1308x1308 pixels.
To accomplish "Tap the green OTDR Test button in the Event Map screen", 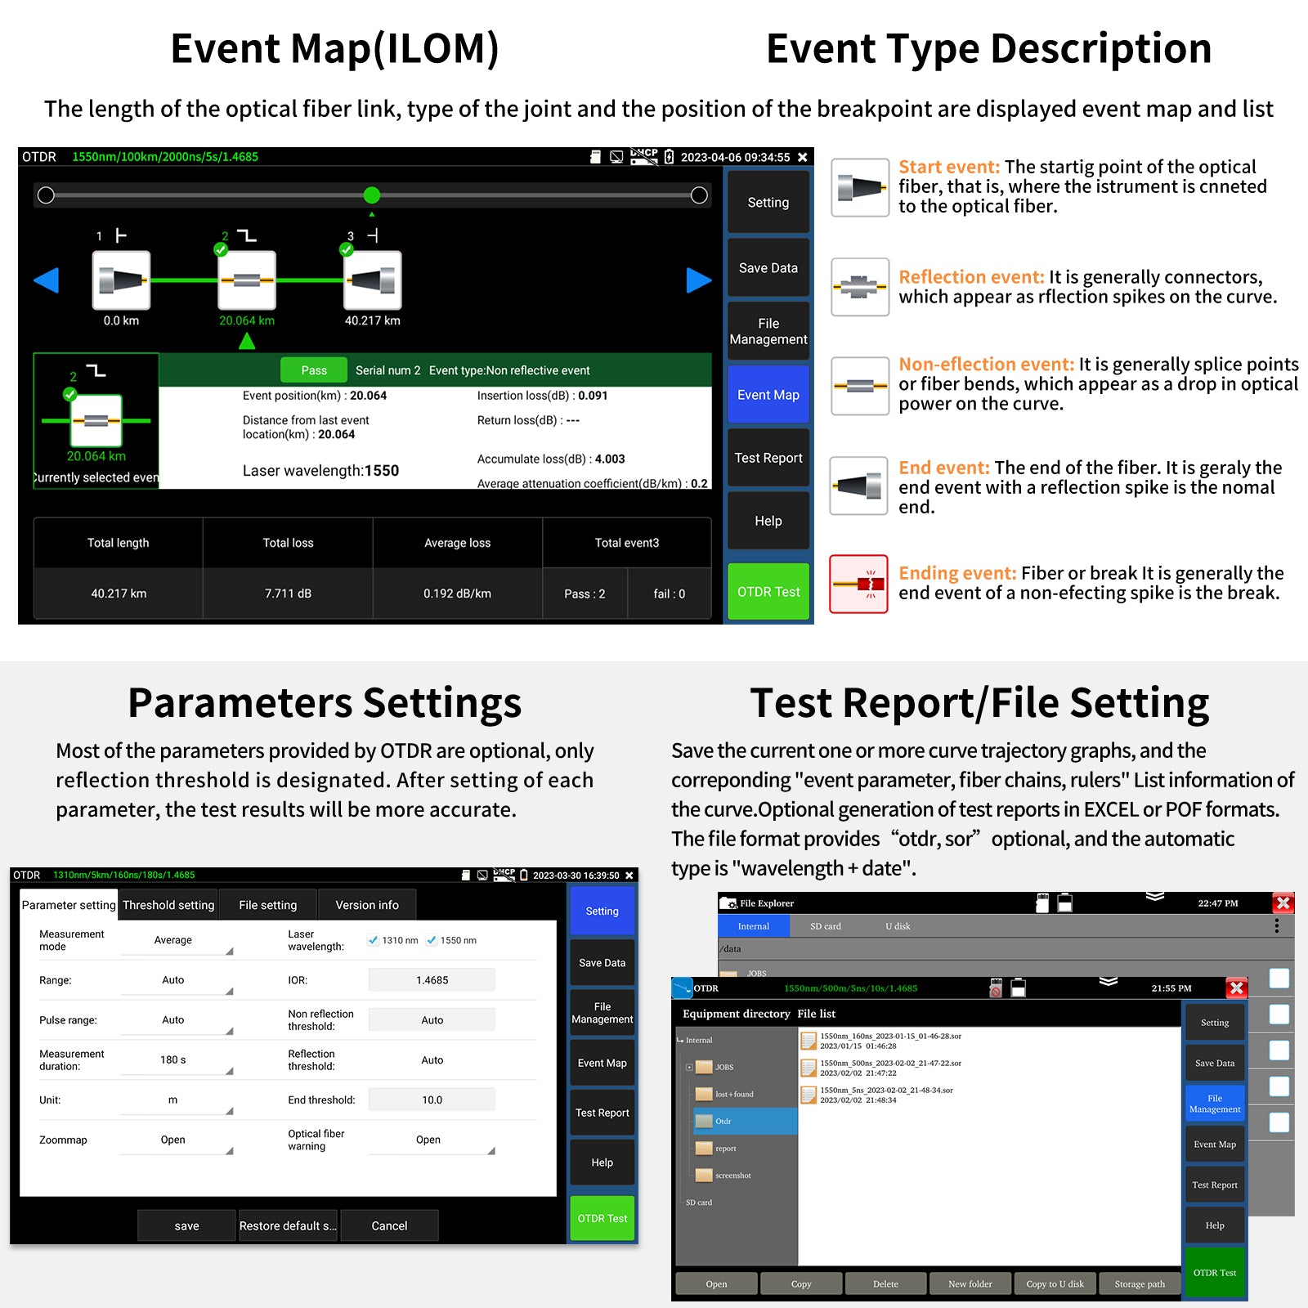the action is pyautogui.click(x=768, y=591).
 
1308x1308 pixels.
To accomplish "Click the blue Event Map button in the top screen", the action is pyautogui.click(x=768, y=395).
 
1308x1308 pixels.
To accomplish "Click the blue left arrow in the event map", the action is pyautogui.click(x=47, y=280).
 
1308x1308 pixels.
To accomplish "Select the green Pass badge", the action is pyautogui.click(x=313, y=370).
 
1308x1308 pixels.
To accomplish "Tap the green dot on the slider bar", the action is pyautogui.click(x=372, y=195).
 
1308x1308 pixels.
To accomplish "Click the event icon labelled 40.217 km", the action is pyautogui.click(x=373, y=280).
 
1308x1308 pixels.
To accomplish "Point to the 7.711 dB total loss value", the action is pyautogui.click(x=288, y=594).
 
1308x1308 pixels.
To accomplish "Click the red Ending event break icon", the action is pyautogui.click(x=859, y=584).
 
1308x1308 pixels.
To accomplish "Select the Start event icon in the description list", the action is pyautogui.click(x=860, y=187).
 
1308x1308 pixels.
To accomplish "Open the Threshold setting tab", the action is pyautogui.click(x=168, y=905).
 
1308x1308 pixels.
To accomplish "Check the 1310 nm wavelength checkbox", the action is pyautogui.click(x=373, y=940).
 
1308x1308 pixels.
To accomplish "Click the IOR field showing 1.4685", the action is pyautogui.click(x=432, y=980).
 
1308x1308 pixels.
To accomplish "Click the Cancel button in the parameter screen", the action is pyautogui.click(x=389, y=1225).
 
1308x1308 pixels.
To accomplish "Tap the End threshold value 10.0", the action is pyautogui.click(x=432, y=1100).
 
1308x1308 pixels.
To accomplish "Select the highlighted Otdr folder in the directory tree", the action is pyautogui.click(x=744, y=1121).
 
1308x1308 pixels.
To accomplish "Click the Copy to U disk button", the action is pyautogui.click(x=1055, y=1283).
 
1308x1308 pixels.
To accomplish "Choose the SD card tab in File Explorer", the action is pyautogui.click(x=826, y=926).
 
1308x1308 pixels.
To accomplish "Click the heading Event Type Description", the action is pyautogui.click(x=988, y=48).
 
